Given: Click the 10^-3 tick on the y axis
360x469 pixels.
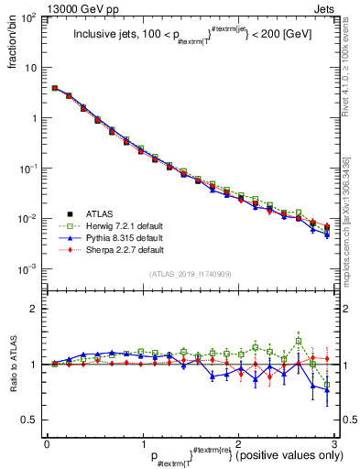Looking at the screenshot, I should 29,269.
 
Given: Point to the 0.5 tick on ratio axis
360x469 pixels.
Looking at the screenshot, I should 31,420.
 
